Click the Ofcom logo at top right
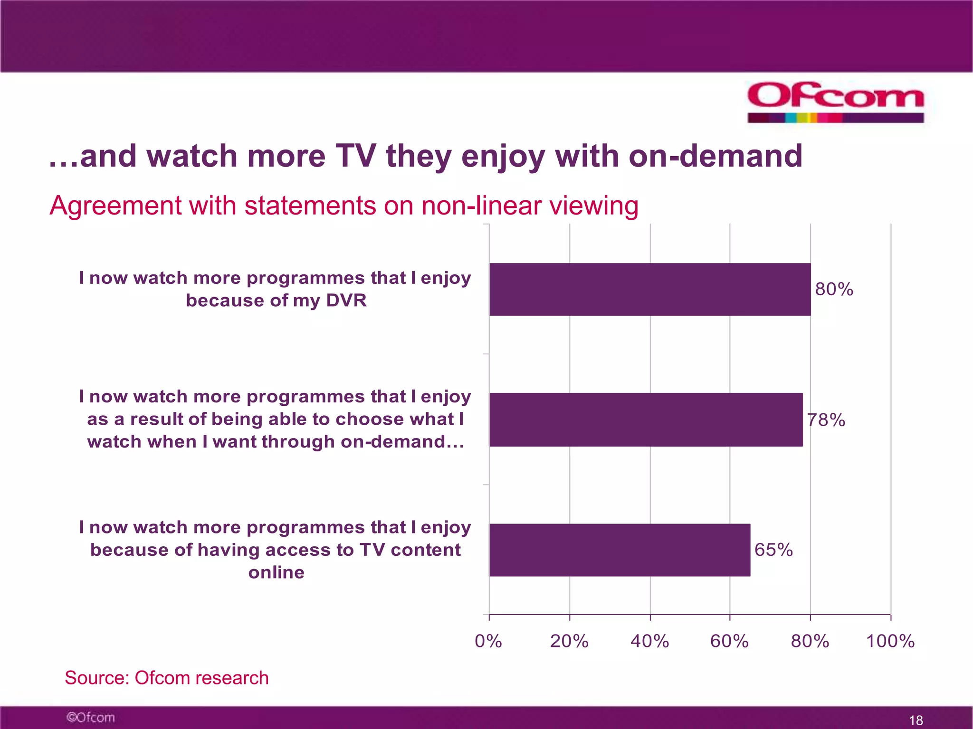[x=835, y=101]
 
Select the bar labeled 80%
[x=649, y=289]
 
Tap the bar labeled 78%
[x=646, y=420]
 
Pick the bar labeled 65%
[x=620, y=550]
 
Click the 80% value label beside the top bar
[x=834, y=289]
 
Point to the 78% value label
[x=826, y=420]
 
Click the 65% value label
[x=773, y=550]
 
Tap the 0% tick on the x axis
[x=488, y=641]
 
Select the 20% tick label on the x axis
[x=569, y=641]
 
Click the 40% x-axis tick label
[x=649, y=641]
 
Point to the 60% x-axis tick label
[x=729, y=641]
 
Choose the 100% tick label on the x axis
[x=890, y=641]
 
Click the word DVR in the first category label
[x=346, y=300]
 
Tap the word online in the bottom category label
[x=276, y=572]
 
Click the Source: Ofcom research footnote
[x=166, y=678]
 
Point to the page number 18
[x=916, y=720]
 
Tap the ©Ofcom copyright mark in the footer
[x=90, y=717]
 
